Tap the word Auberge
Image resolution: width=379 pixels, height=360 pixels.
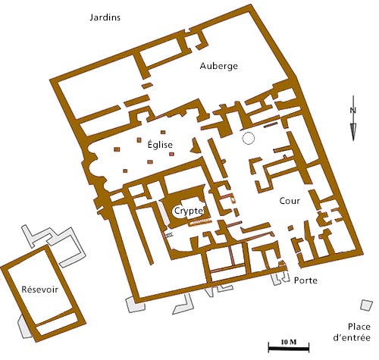click(218, 66)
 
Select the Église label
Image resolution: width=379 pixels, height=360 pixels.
click(160, 145)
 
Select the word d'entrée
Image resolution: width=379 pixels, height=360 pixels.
click(353, 337)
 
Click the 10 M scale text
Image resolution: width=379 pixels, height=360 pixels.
click(287, 343)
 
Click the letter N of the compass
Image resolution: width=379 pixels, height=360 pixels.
click(353, 110)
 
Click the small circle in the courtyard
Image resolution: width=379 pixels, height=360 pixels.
click(248, 138)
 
